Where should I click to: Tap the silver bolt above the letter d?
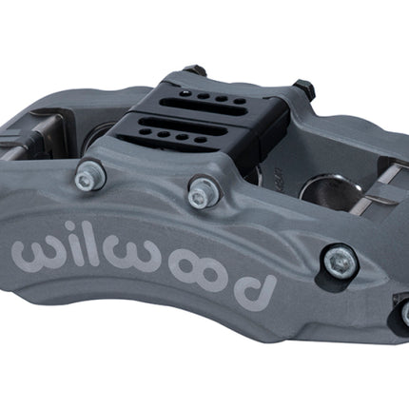[341, 261]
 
